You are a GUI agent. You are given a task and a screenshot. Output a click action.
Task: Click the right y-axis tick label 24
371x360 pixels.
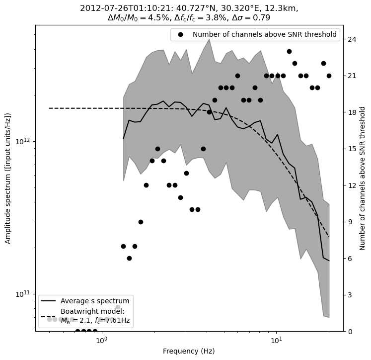[351, 39]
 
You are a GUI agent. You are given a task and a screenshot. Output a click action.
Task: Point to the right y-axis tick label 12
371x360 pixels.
[351, 185]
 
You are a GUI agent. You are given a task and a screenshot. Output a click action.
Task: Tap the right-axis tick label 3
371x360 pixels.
[350, 295]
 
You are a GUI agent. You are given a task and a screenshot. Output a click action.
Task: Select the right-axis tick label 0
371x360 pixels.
[350, 331]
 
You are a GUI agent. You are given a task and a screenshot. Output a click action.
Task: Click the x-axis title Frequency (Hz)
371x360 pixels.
[189, 351]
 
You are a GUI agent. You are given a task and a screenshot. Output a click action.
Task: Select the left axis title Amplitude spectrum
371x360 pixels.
[8, 178]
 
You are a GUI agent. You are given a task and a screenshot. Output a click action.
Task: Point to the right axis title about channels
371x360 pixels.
[363, 178]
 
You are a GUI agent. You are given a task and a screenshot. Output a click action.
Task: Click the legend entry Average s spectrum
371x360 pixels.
[95, 301]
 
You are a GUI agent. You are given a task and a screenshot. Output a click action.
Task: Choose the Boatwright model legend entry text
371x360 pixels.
[95, 316]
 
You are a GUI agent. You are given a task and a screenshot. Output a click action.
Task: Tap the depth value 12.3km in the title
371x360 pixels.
[282, 8]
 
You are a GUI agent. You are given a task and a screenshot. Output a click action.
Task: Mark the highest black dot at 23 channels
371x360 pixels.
[289, 51]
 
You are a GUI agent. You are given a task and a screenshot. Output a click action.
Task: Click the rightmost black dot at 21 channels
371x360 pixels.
[329, 76]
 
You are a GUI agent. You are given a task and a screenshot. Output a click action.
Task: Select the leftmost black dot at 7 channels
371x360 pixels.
[123, 246]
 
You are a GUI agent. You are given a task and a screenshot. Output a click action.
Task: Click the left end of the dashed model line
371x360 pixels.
[49, 108]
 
